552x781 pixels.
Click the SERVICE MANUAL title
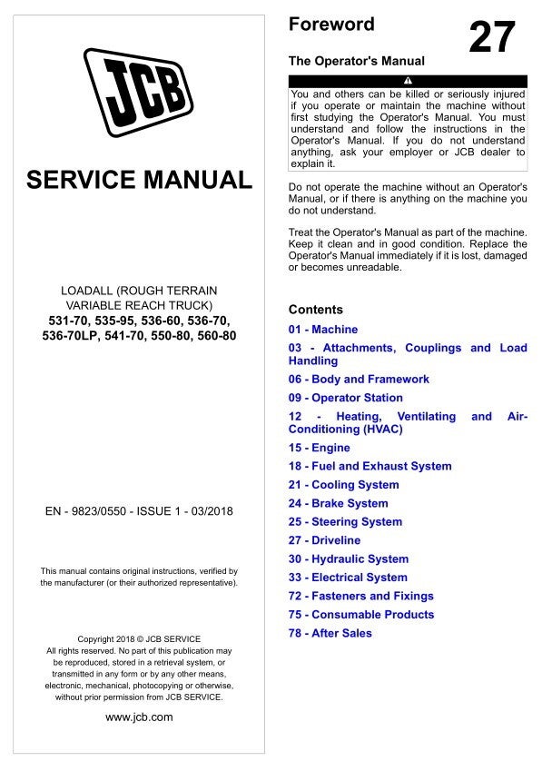[x=139, y=180]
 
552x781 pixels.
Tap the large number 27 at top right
[x=492, y=37]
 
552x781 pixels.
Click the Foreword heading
[x=330, y=25]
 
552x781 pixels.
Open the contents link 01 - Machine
[x=323, y=330]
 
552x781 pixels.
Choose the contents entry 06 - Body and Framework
[x=359, y=380]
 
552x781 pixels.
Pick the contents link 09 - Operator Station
[x=345, y=398]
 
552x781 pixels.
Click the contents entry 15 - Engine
[x=319, y=448]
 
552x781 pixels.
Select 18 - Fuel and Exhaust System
[x=370, y=466]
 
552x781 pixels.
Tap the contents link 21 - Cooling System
[x=343, y=485]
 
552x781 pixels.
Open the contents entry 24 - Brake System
[x=338, y=503]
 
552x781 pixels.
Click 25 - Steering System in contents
[x=345, y=522]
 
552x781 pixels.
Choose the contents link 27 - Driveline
[x=324, y=540]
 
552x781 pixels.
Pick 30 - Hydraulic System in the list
[x=349, y=559]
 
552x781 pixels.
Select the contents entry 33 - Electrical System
[x=348, y=578]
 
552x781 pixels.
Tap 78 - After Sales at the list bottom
[x=330, y=633]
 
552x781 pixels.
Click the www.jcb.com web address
[x=139, y=717]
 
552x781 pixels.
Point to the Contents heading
[x=315, y=310]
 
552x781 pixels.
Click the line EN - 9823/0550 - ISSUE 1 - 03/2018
[x=139, y=511]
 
